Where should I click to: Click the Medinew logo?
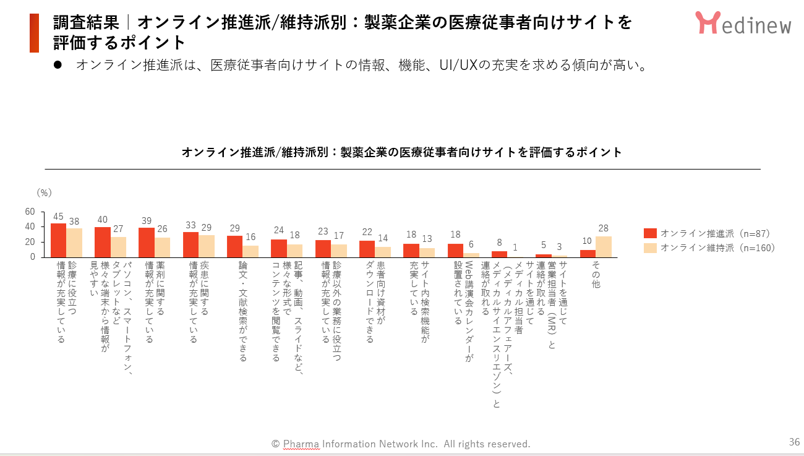click(743, 23)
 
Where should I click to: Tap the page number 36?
click(794, 442)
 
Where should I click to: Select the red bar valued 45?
click(58, 240)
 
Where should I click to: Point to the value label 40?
click(103, 219)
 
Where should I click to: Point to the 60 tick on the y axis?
click(30, 211)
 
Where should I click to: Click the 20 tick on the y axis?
click(30, 242)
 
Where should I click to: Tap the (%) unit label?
click(44, 192)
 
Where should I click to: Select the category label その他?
click(596, 274)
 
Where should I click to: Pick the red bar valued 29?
click(235, 246)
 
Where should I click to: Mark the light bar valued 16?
click(250, 251)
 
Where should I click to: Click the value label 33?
click(191, 225)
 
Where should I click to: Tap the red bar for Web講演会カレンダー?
click(456, 251)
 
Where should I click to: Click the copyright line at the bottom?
click(401, 444)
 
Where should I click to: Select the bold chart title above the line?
click(402, 152)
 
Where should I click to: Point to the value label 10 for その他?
click(588, 241)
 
